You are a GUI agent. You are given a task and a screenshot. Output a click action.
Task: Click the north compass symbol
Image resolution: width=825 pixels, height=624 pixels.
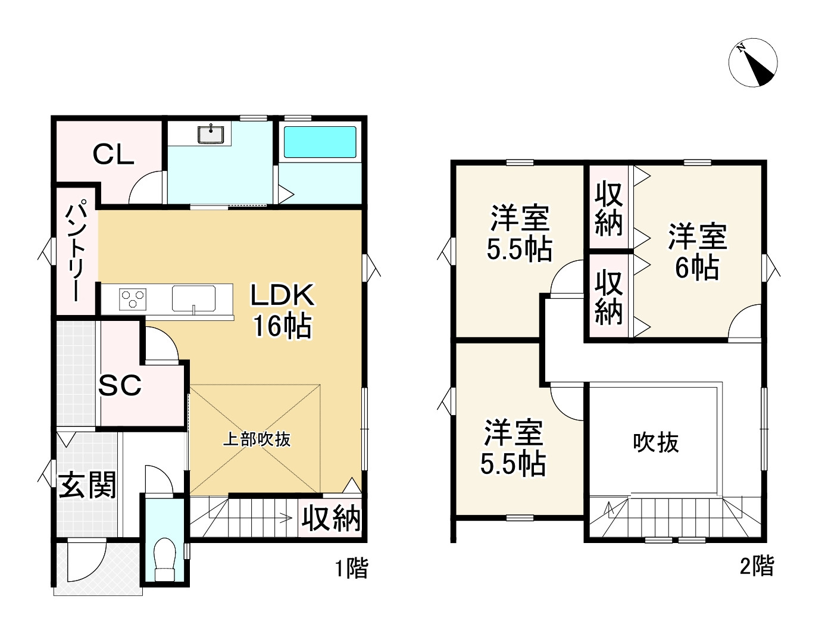pos(753,63)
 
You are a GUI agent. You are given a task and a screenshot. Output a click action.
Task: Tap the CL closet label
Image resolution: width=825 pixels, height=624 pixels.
pos(113,155)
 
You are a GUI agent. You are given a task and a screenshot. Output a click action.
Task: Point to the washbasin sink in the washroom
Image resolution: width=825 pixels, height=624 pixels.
pos(211,135)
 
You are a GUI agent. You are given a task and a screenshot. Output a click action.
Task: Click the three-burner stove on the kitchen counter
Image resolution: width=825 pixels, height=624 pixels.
pos(133,298)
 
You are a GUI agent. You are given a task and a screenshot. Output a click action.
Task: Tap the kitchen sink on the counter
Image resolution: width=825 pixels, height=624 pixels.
pos(194,298)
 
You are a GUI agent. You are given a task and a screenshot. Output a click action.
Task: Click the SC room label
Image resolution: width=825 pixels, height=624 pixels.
pos(120,386)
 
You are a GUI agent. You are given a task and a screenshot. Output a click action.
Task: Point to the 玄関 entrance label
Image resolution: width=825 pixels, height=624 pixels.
pos(87,486)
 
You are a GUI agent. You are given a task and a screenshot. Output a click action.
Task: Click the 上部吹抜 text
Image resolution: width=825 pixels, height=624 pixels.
pos(257,439)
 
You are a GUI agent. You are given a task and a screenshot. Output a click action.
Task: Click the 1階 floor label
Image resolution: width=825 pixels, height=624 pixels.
pos(351,569)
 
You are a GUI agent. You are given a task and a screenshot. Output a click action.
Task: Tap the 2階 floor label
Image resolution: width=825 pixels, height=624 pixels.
pos(757,566)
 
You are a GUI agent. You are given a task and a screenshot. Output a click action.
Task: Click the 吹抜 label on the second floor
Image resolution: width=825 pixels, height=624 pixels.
pos(655,443)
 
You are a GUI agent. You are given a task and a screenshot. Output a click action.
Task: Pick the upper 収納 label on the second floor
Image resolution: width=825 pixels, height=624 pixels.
pos(608,210)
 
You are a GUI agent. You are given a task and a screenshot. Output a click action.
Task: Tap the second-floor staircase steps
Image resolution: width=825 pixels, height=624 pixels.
pos(675,518)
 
